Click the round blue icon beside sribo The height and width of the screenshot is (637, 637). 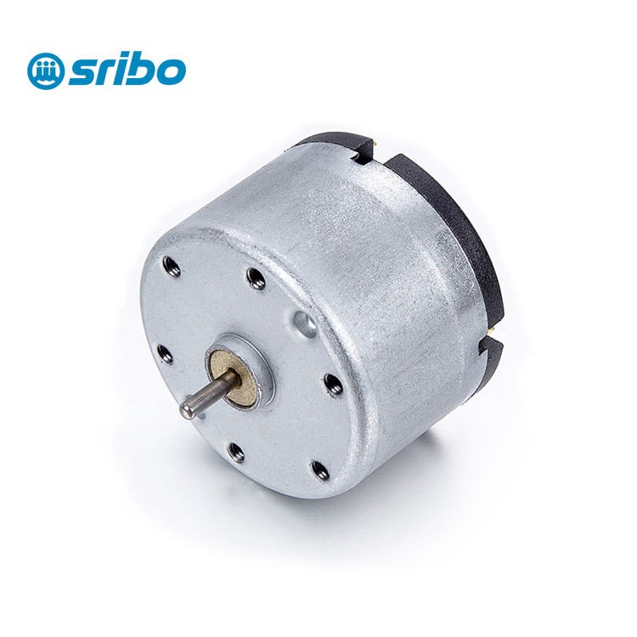pos(43,70)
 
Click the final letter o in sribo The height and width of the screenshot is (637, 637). pos(170,74)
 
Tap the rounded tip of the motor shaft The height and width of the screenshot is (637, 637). pos(184,410)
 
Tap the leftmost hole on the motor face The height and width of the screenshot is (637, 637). pos(165,352)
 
